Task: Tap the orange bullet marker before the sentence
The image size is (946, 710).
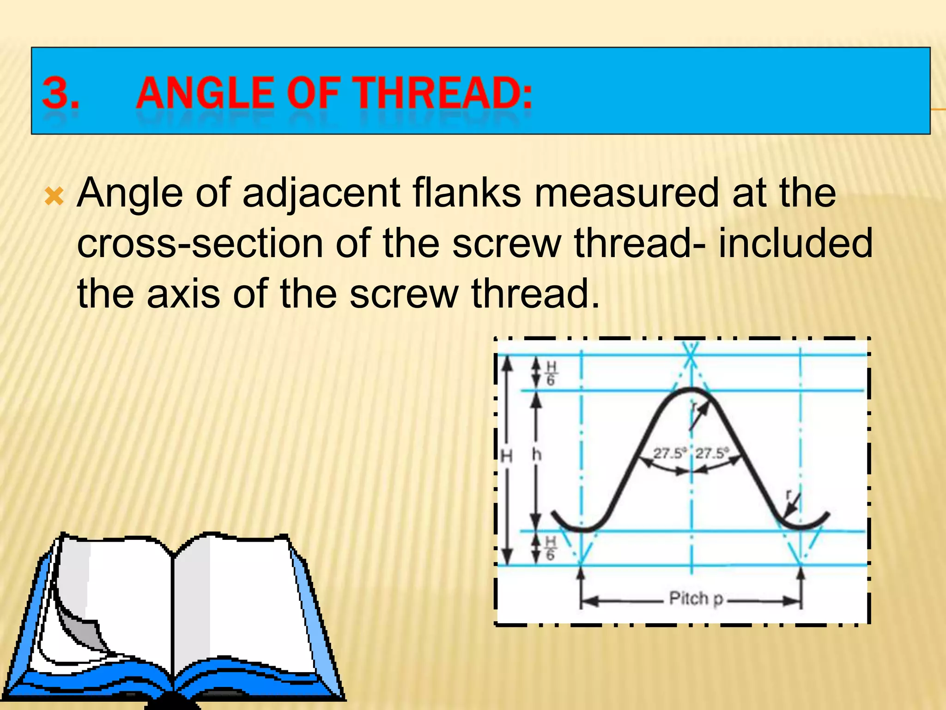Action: tap(54, 197)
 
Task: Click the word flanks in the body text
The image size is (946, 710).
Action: tap(467, 192)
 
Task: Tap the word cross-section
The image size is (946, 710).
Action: tap(200, 244)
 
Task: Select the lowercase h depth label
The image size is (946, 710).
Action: tap(536, 455)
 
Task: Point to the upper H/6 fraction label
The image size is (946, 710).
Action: tap(551, 373)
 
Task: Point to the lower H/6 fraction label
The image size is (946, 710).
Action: tap(551, 548)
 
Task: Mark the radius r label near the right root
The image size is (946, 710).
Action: tap(789, 495)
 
